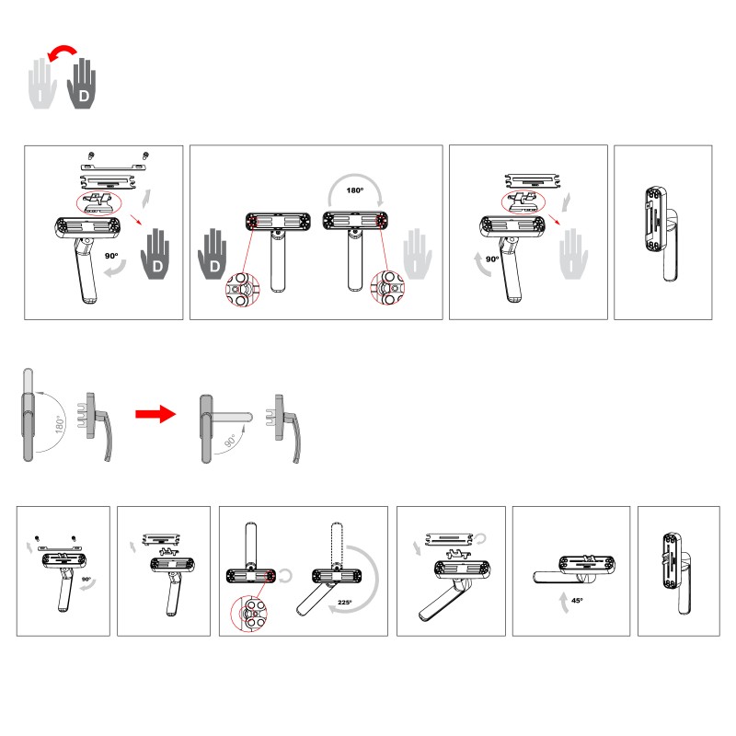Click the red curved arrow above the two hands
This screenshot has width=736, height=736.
[x=63, y=49]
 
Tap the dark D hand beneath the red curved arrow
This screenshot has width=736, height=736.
[x=82, y=85]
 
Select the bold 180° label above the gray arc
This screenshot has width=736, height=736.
[x=355, y=190]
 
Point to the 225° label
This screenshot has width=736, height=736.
[x=345, y=603]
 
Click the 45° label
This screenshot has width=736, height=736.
[x=578, y=601]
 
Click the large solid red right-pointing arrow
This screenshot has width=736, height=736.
[x=155, y=413]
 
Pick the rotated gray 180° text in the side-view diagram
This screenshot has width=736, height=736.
[x=60, y=424]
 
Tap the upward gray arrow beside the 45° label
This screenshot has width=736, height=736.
[x=564, y=603]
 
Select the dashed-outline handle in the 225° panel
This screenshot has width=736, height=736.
[x=337, y=545]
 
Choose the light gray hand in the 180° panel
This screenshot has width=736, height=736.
[x=418, y=255]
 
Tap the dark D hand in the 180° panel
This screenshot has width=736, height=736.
[x=213, y=255]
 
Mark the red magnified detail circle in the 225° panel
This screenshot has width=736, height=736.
[x=248, y=613]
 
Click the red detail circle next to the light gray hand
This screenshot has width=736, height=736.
[x=387, y=287]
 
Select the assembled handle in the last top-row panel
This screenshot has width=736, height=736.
[x=661, y=234]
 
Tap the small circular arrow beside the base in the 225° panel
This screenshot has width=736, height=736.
[x=285, y=576]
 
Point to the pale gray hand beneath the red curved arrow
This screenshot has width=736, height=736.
[x=42, y=85]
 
